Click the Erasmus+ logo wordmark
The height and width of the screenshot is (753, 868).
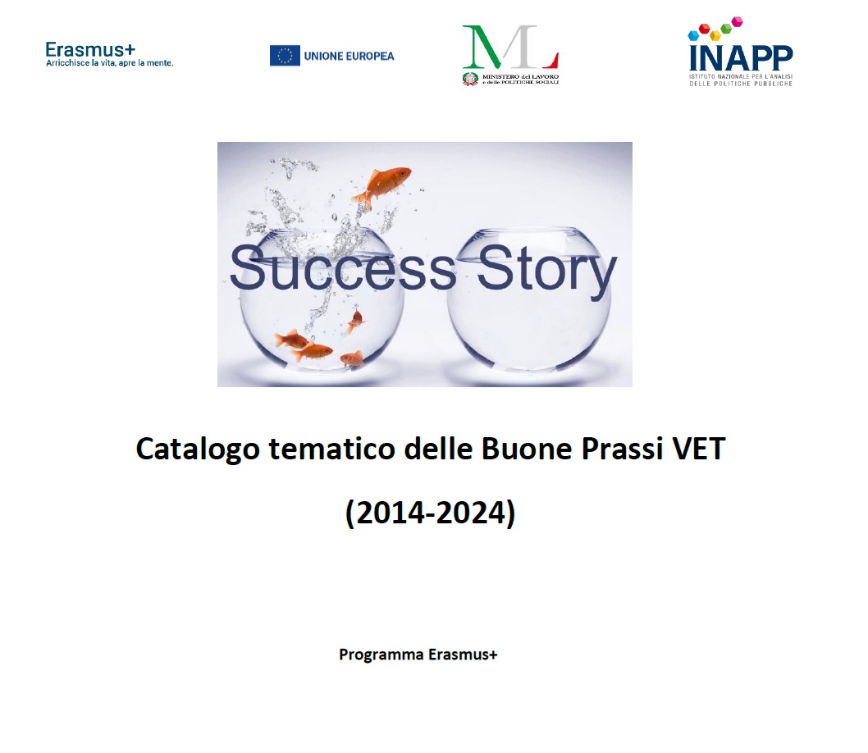click(x=90, y=50)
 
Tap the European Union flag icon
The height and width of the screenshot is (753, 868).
click(x=285, y=56)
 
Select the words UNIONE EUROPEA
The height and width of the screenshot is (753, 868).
click(x=349, y=56)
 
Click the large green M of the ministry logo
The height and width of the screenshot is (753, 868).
click(x=482, y=47)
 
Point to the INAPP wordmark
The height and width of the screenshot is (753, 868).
click(x=741, y=58)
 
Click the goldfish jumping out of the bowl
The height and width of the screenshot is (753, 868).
click(x=382, y=184)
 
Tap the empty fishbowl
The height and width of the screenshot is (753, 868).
click(x=529, y=299)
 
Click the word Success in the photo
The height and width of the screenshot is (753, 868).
click(x=342, y=268)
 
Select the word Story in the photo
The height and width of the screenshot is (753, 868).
click(x=546, y=272)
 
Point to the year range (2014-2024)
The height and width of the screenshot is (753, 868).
click(x=430, y=513)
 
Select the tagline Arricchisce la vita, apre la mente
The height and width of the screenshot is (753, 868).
click(x=110, y=63)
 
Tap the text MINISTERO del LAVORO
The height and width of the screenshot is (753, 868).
click(x=520, y=76)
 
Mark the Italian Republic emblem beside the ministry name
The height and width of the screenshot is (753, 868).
click(x=470, y=79)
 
